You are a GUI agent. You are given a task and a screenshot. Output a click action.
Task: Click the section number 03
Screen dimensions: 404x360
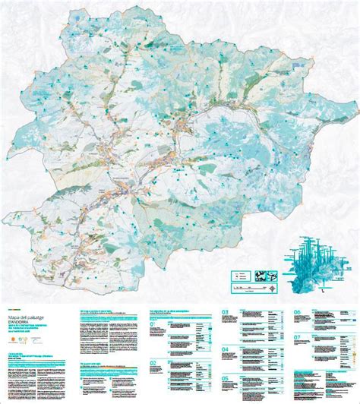(225, 312)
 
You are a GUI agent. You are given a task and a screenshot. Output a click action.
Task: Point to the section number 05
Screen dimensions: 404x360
(225, 379)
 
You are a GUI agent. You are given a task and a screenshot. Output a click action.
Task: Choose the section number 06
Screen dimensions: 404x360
(298, 312)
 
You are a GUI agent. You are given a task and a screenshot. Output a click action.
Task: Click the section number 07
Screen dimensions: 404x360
(298, 336)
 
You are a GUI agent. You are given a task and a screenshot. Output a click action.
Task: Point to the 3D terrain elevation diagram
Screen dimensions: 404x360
(316, 262)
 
